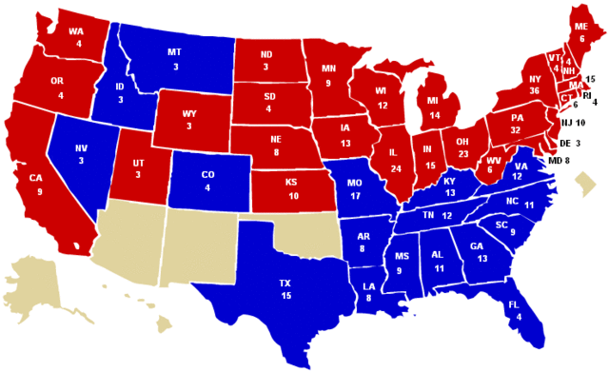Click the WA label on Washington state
pyautogui.click(x=76, y=30)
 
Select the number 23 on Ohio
pyautogui.click(x=463, y=154)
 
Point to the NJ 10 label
pyautogui.click(x=573, y=123)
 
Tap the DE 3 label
pyautogui.click(x=571, y=143)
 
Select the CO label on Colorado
pyautogui.click(x=208, y=175)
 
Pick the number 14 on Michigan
pyautogui.click(x=435, y=114)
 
